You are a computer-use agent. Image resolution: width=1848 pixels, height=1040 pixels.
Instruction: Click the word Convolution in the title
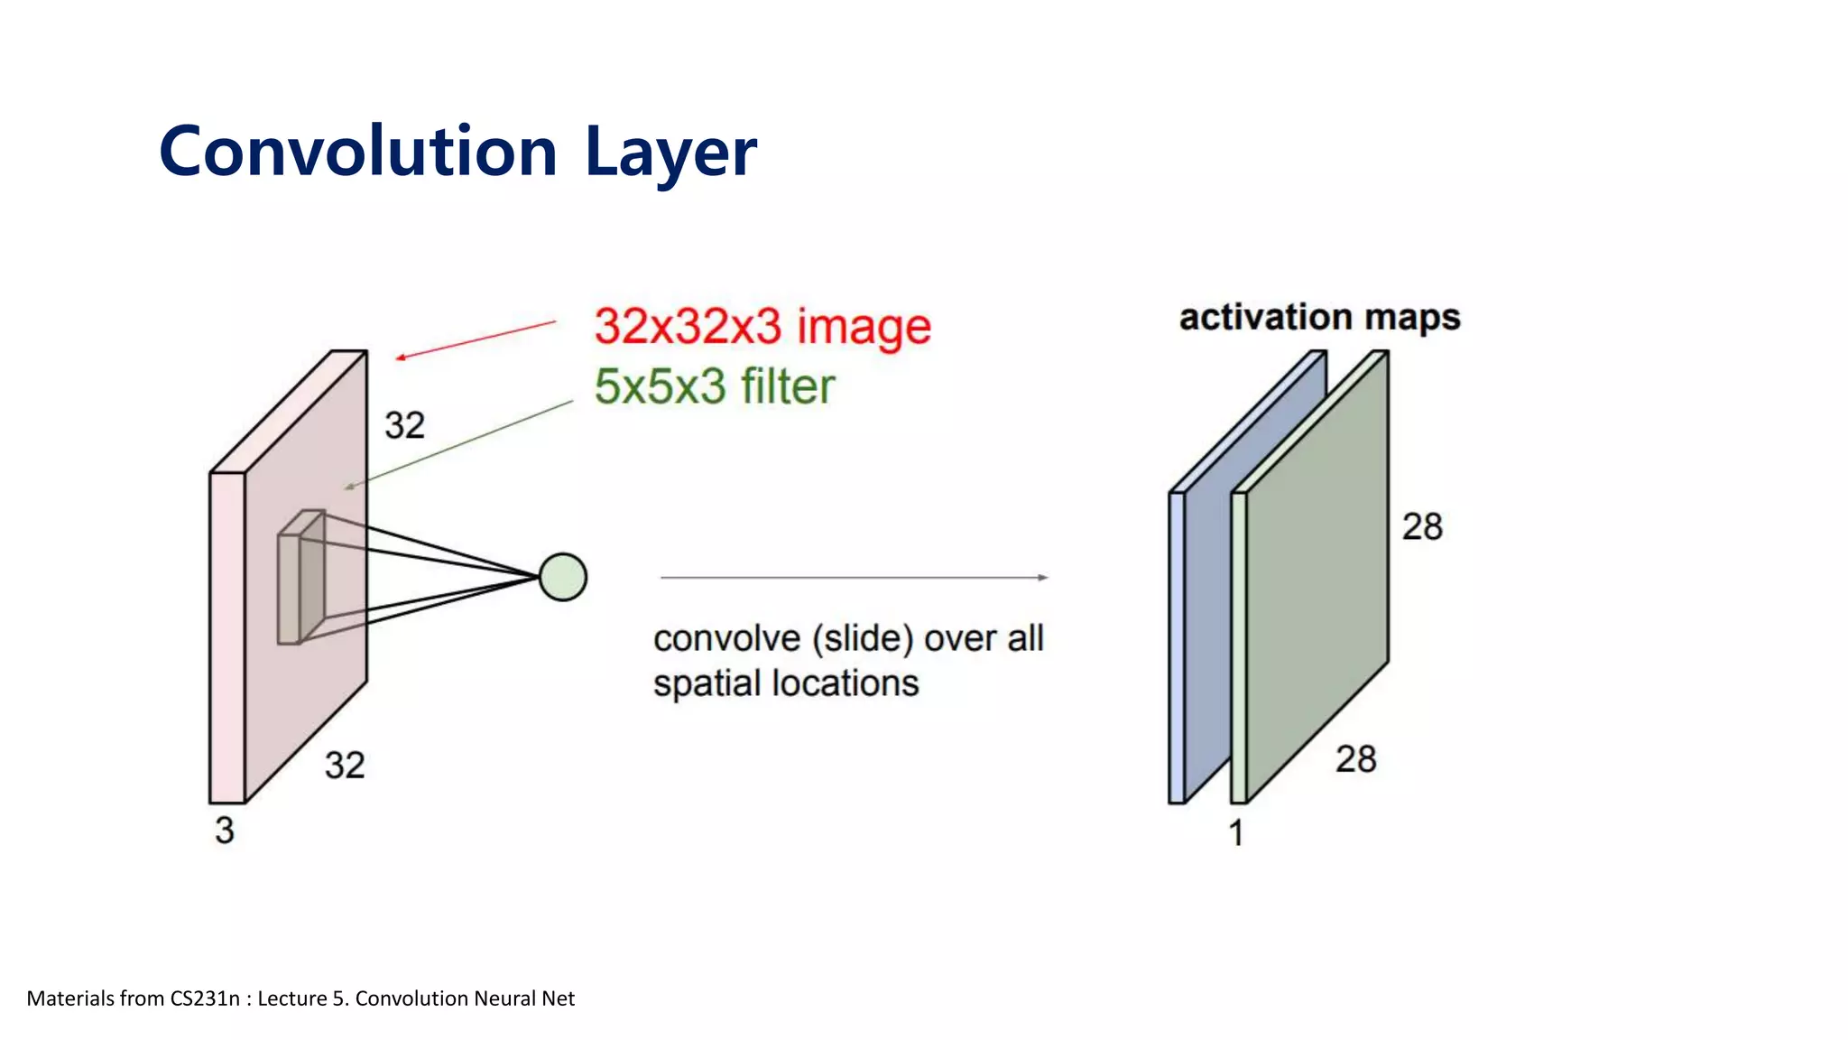click(357, 152)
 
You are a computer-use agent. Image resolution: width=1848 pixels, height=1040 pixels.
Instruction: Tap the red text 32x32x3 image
click(762, 327)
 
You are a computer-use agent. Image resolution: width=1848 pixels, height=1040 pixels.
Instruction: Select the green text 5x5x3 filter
click(715, 386)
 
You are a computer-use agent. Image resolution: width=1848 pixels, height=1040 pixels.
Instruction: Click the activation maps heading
click(1319, 317)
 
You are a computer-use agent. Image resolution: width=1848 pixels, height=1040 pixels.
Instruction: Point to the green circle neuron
click(563, 578)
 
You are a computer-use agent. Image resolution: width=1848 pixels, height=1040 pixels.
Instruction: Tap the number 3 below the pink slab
click(225, 831)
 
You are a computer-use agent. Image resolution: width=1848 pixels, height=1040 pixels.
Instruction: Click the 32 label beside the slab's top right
click(404, 425)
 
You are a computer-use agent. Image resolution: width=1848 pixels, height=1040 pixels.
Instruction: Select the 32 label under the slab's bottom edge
click(345, 766)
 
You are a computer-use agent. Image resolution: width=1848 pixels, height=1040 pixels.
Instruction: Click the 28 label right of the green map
click(1422, 526)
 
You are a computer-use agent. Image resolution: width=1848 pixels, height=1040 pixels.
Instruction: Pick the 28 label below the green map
click(1356, 759)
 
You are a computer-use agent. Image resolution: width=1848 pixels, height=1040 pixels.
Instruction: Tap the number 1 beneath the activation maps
click(1236, 832)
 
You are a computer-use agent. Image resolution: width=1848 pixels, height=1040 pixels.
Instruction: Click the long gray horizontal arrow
click(853, 578)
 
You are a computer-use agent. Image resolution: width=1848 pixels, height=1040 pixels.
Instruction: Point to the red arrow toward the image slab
click(476, 339)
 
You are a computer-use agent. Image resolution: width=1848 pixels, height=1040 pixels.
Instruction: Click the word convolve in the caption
click(726, 639)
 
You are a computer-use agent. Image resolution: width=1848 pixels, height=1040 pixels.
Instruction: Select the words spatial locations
click(786, 683)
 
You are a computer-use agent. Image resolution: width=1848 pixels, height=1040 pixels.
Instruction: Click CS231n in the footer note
click(205, 998)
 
